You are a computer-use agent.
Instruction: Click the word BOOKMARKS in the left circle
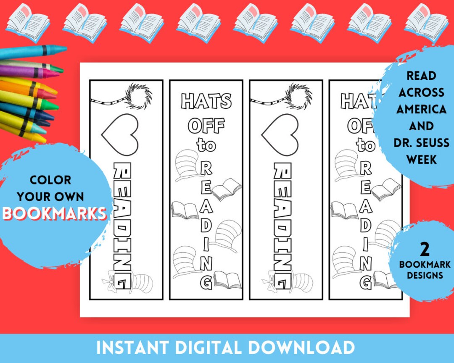(55, 213)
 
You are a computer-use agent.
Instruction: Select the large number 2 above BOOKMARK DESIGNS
(425, 250)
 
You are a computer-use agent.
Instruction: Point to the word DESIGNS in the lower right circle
(425, 276)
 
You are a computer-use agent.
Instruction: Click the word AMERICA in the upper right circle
(421, 109)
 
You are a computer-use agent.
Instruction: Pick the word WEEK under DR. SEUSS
(421, 160)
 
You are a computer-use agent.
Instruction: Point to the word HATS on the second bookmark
(206, 102)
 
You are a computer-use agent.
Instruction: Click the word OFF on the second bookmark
(206, 125)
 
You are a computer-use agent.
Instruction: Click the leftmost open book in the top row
(27, 23)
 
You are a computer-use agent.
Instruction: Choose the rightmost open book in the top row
(426, 23)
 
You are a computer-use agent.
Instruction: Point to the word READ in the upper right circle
(421, 76)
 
